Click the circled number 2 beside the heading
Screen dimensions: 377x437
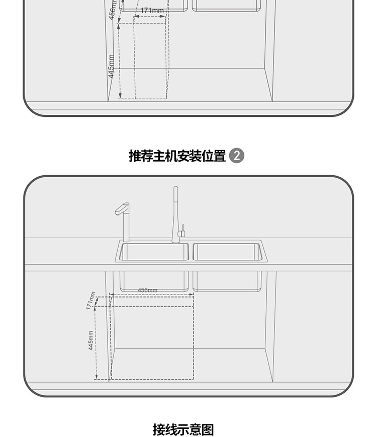(236, 156)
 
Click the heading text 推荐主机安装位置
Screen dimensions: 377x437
(177, 156)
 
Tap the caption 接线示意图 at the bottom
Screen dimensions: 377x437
(183, 429)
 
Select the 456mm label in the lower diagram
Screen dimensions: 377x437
(147, 290)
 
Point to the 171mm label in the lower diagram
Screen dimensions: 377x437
(90, 301)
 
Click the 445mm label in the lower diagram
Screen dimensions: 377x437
(90, 340)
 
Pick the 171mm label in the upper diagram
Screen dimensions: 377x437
(152, 11)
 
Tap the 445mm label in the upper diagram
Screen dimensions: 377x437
(112, 66)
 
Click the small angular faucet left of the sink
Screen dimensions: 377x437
(124, 222)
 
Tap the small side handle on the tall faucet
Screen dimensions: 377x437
(183, 231)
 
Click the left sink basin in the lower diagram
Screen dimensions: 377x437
(153, 252)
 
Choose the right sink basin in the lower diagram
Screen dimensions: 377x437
(227, 252)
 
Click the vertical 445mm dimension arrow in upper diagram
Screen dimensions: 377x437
(120, 60)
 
